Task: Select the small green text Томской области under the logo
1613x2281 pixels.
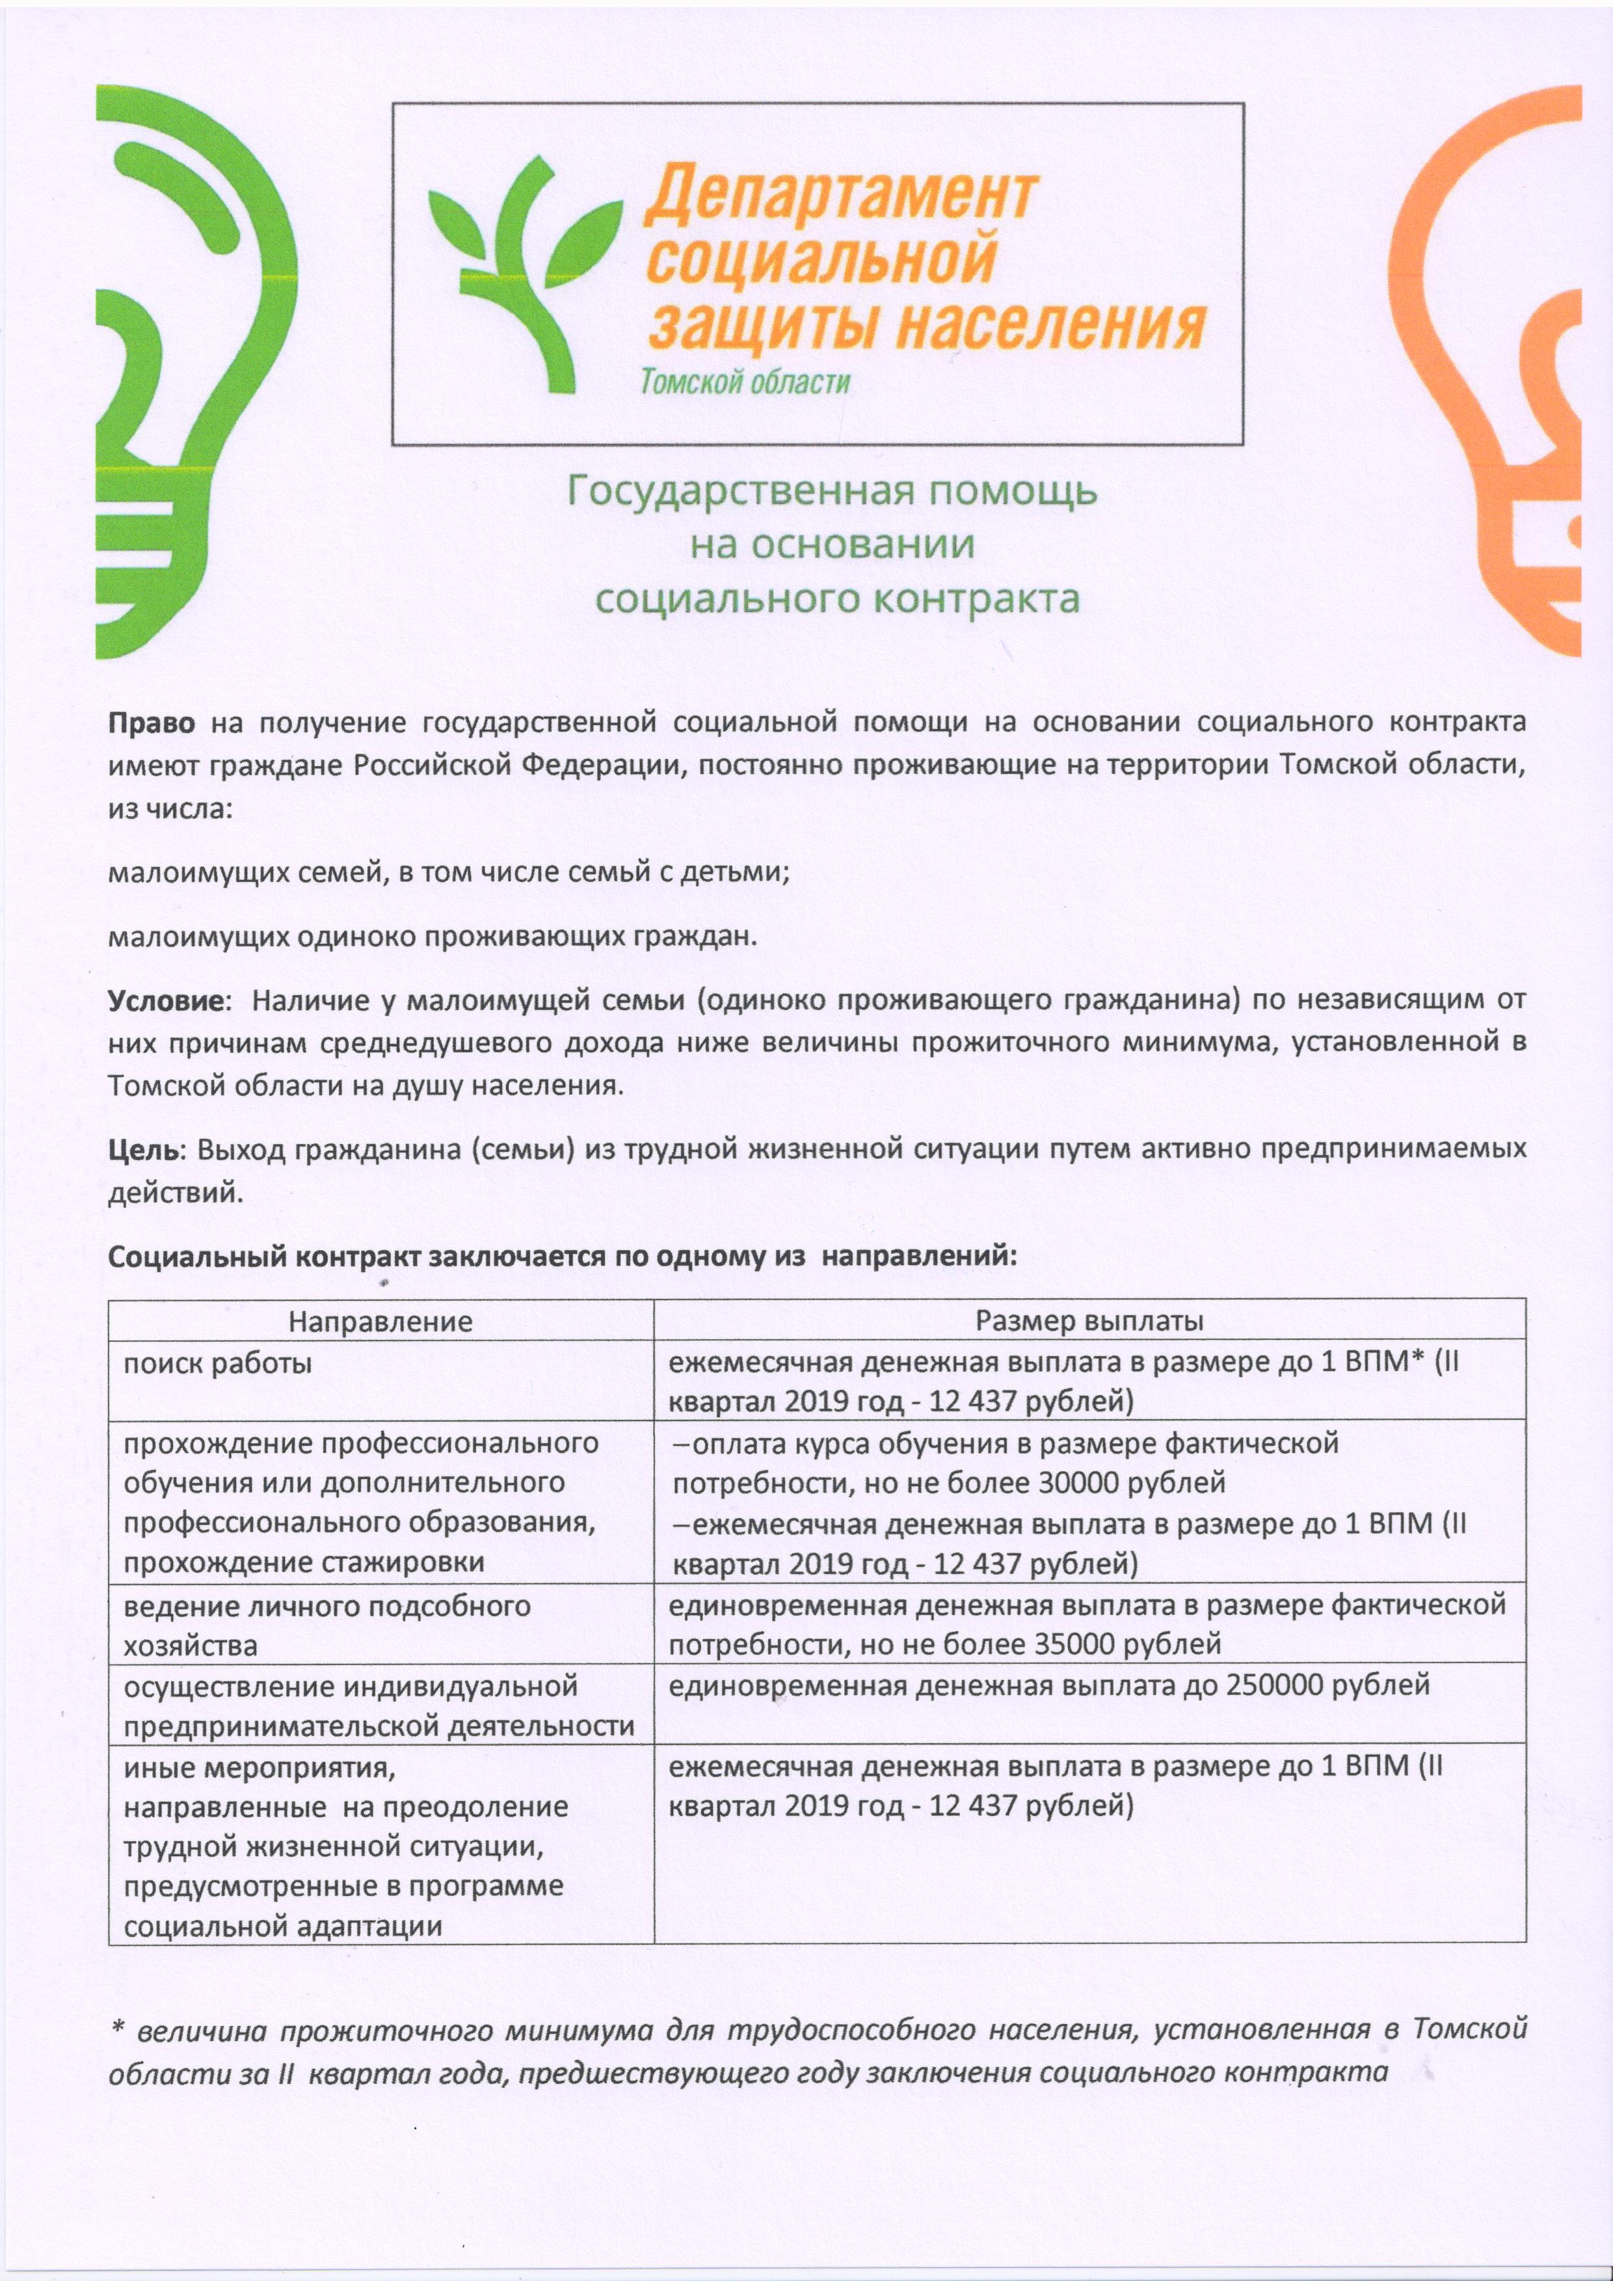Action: (x=745, y=382)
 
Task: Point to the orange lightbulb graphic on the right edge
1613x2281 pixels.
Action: (x=1510, y=377)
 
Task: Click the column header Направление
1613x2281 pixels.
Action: (x=380, y=1320)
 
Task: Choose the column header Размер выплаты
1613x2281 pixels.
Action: (x=1089, y=1320)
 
